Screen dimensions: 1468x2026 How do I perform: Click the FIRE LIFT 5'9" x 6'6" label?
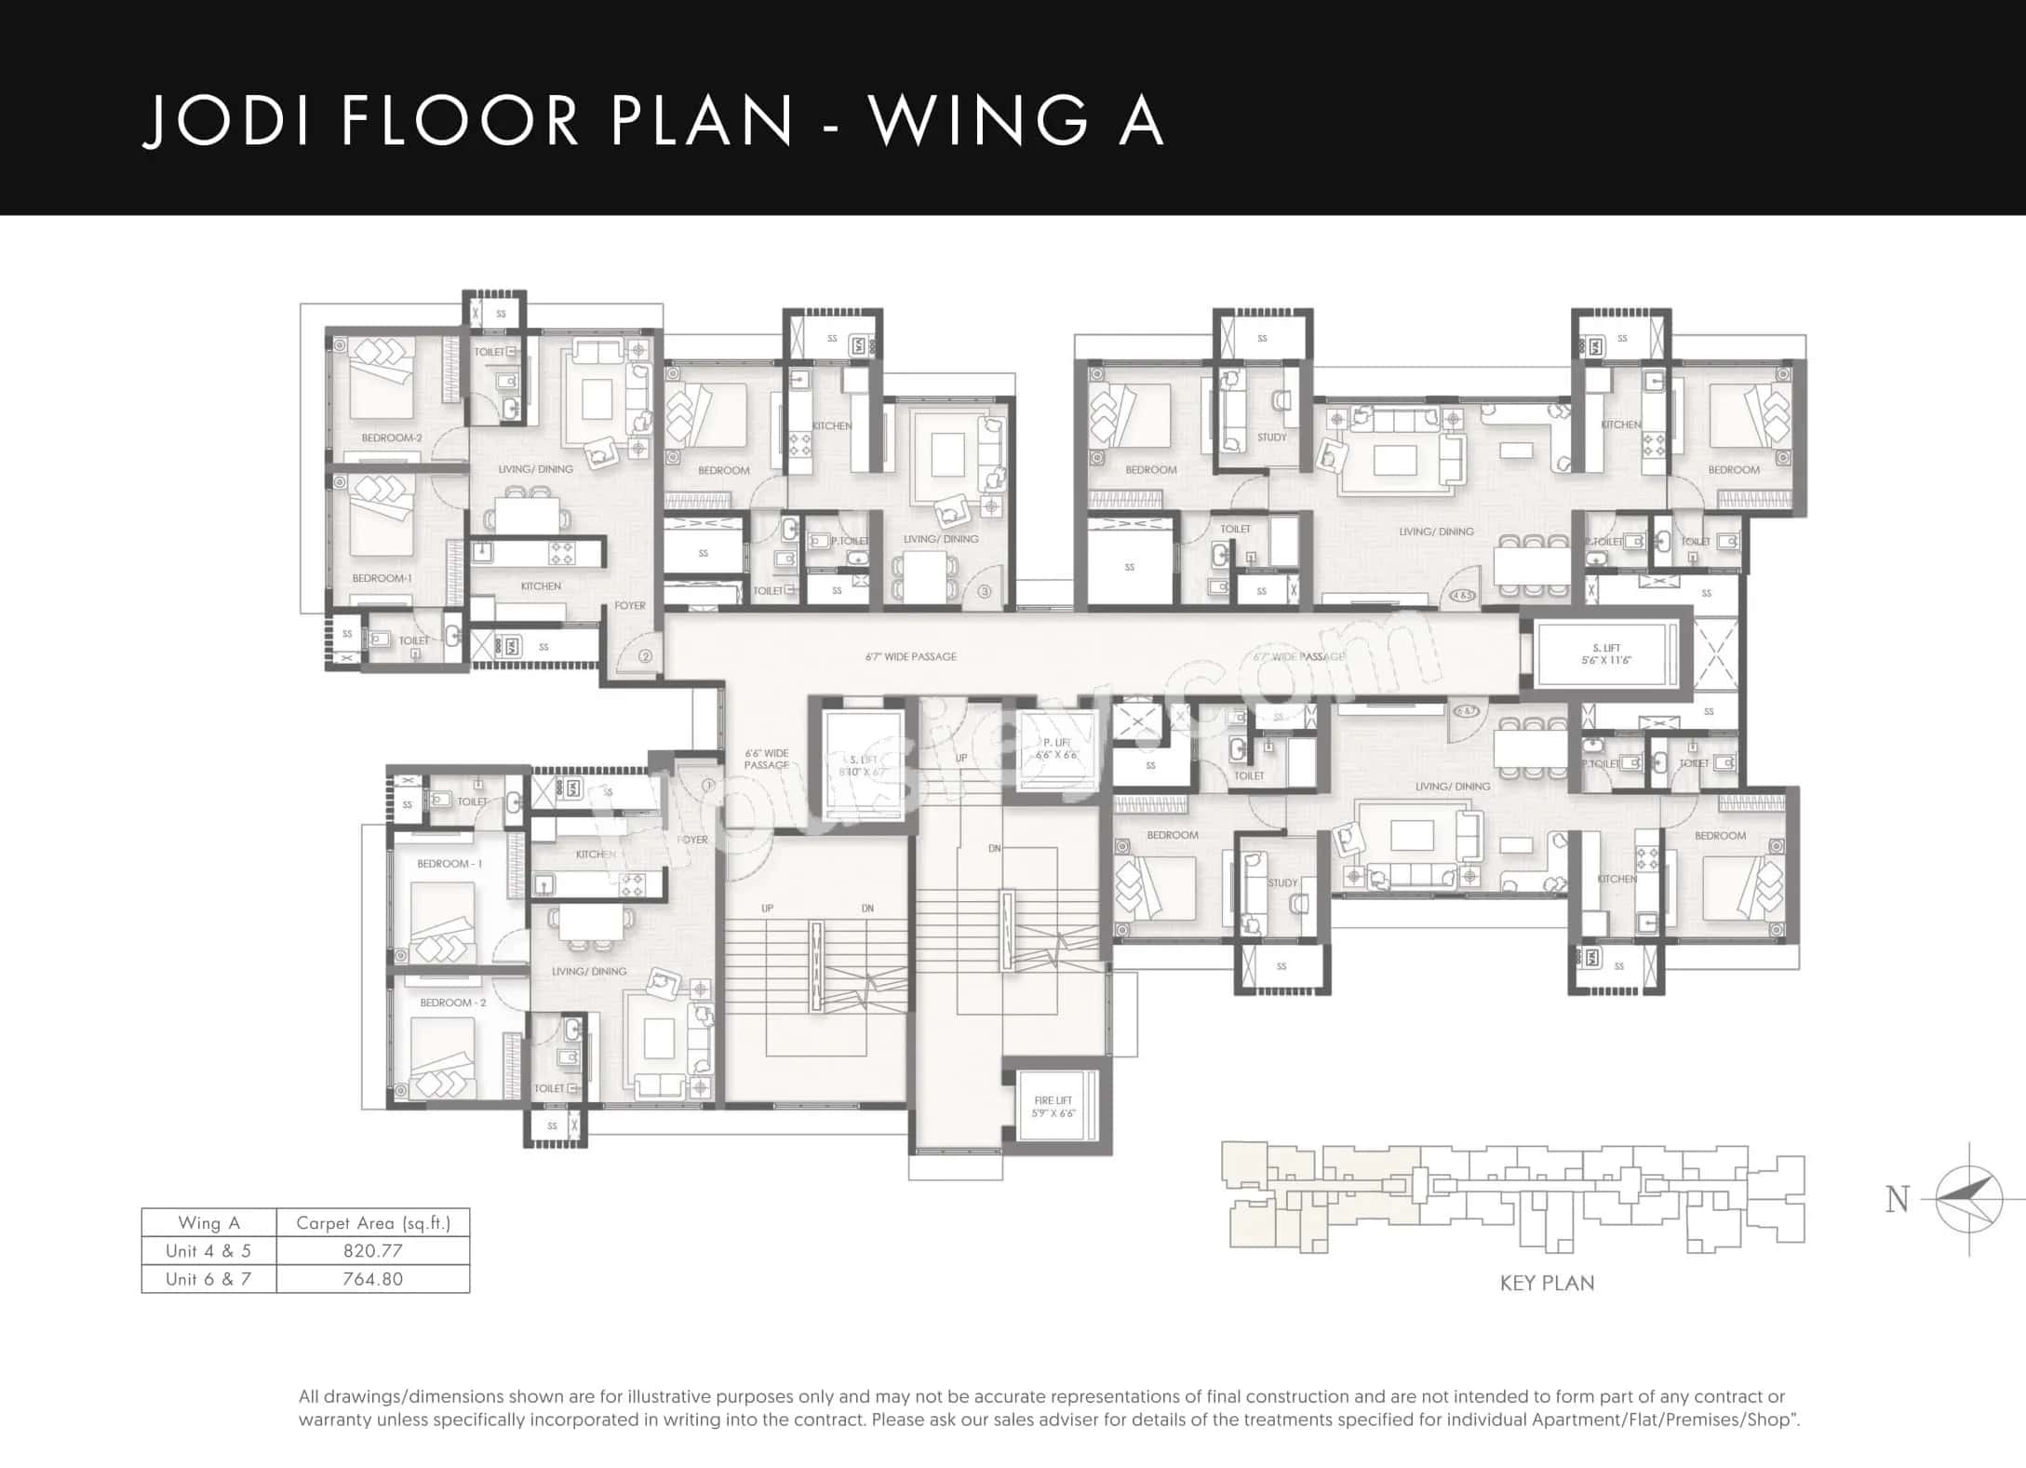click(1053, 1106)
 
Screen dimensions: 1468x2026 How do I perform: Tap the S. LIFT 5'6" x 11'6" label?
click(1606, 654)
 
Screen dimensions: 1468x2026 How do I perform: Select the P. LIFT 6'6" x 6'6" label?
click(1056, 748)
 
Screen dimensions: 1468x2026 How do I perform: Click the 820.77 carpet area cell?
click(372, 1250)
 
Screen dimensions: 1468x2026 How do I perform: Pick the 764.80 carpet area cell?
click(372, 1278)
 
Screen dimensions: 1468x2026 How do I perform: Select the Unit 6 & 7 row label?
click(208, 1278)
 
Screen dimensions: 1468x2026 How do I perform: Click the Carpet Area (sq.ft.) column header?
click(372, 1222)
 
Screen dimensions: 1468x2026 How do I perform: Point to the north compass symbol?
click(1968, 1199)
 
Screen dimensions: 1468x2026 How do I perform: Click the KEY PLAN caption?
click(1547, 1283)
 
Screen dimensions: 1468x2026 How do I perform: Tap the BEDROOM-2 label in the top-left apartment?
click(392, 438)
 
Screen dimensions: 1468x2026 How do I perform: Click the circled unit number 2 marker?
click(646, 655)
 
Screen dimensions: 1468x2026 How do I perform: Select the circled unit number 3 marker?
click(985, 591)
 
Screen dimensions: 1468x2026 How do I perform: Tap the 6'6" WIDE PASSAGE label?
click(767, 759)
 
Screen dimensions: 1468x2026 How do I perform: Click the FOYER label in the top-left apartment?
click(630, 605)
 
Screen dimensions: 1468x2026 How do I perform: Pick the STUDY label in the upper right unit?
click(1271, 437)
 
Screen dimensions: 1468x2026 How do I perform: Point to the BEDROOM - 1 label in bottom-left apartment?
click(449, 863)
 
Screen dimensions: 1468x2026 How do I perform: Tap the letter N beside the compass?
click(1898, 1200)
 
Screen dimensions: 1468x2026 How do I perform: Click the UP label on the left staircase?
click(767, 908)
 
